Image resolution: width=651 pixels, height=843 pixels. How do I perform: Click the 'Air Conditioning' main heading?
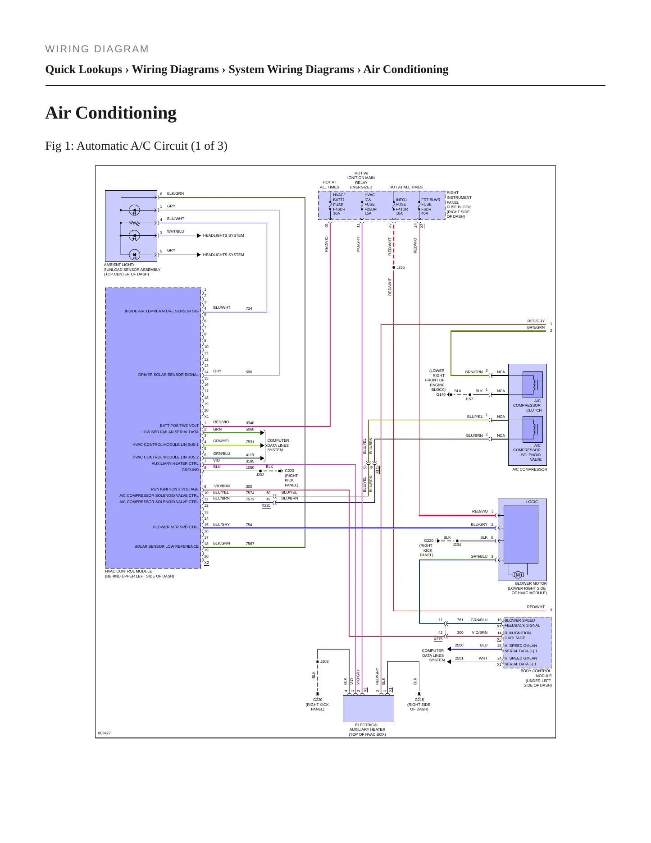click(111, 113)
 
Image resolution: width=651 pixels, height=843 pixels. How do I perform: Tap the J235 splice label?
click(401, 267)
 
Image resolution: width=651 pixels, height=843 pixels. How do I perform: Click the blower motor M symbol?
click(518, 574)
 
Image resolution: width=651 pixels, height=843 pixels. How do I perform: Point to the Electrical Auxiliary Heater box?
click(368, 708)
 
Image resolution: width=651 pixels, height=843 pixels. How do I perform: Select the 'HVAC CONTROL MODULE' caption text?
click(128, 571)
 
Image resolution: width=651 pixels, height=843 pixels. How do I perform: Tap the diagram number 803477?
click(105, 733)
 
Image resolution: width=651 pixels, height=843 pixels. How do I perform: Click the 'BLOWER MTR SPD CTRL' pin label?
click(176, 527)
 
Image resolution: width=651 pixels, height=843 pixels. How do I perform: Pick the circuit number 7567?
click(250, 544)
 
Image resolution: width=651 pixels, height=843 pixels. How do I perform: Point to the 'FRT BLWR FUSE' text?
click(431, 202)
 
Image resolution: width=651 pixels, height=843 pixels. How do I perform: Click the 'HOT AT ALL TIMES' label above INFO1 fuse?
click(406, 187)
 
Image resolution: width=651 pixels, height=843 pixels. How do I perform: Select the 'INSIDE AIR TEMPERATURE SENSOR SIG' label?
click(162, 311)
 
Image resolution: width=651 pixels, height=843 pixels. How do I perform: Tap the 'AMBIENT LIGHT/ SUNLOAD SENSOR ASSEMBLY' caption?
click(132, 267)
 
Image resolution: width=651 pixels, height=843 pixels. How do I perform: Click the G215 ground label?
click(419, 700)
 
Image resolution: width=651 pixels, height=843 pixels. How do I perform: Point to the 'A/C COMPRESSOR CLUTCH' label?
click(527, 405)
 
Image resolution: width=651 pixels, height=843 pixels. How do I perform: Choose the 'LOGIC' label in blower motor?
click(532, 502)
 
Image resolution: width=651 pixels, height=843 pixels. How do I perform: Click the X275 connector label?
click(438, 639)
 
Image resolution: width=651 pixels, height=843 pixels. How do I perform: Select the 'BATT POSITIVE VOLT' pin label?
click(179, 426)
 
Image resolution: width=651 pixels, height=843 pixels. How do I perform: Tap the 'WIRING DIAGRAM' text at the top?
click(97, 49)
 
